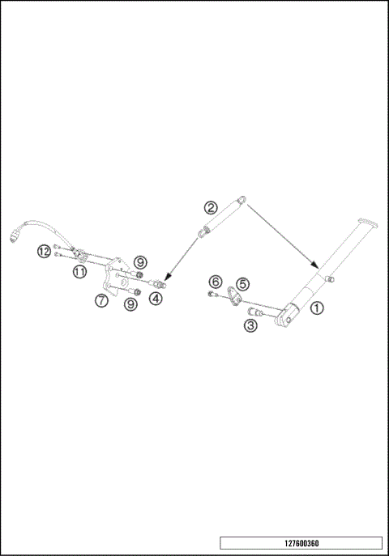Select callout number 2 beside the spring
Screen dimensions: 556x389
(210, 207)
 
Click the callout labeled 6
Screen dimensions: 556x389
(215, 281)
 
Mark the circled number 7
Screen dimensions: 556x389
(101, 299)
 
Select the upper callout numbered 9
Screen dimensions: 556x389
(140, 261)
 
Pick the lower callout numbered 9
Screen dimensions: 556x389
(129, 304)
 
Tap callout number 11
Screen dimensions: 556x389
(79, 273)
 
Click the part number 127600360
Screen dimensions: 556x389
(301, 543)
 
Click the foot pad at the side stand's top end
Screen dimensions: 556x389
(365, 223)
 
